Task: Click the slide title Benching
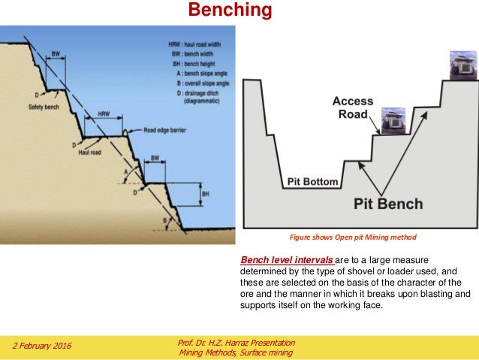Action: click(x=229, y=11)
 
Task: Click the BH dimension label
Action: click(x=205, y=194)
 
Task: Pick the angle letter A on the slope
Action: click(x=125, y=172)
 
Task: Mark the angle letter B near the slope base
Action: click(x=165, y=220)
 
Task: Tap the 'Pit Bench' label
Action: click(x=388, y=203)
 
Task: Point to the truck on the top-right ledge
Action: click(x=459, y=64)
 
